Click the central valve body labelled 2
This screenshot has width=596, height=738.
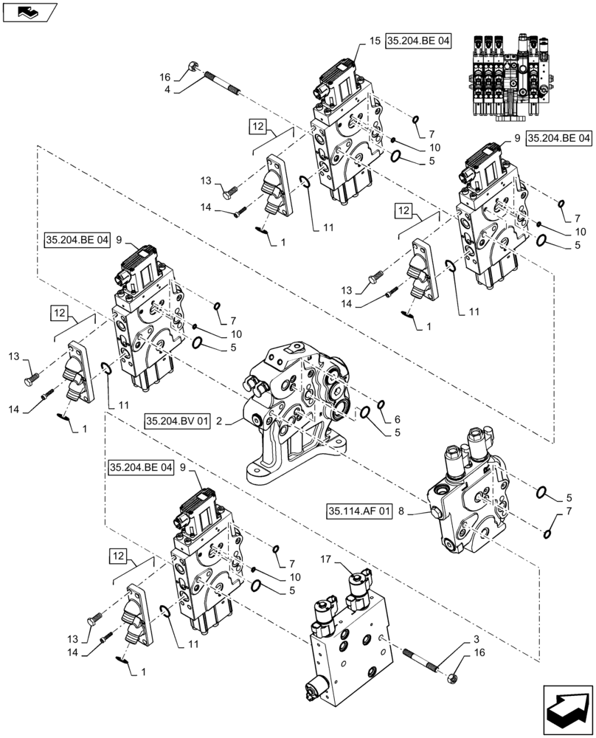click(295, 413)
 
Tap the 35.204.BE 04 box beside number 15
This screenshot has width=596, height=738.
click(417, 42)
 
